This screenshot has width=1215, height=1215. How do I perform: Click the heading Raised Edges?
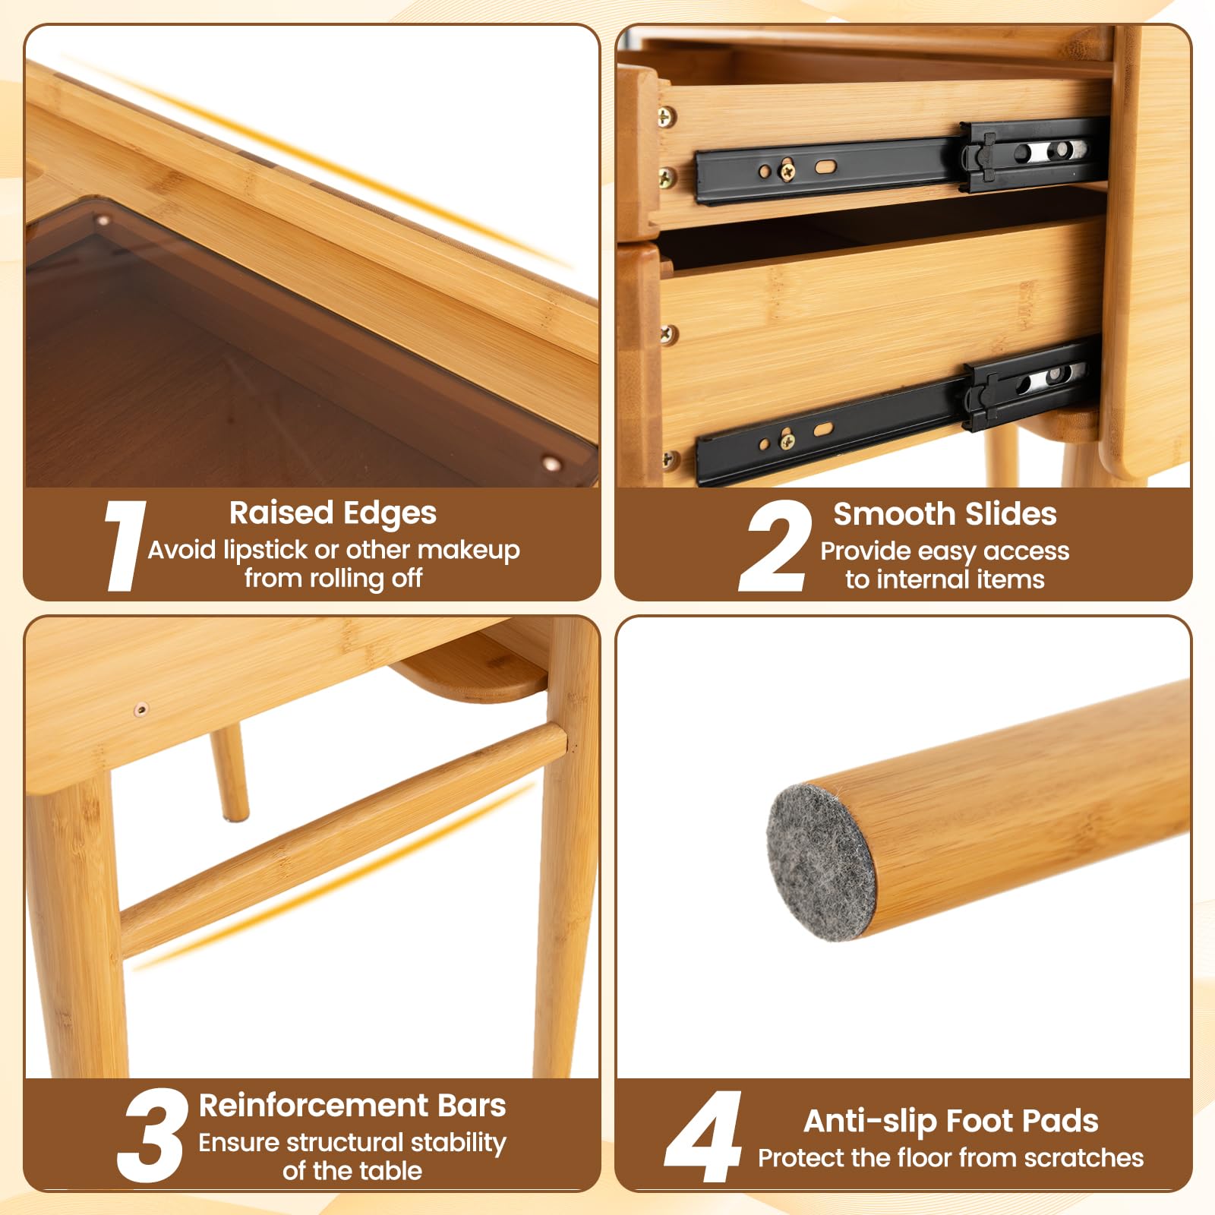pyautogui.click(x=333, y=513)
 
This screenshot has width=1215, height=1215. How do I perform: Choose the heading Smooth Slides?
pyautogui.click(x=945, y=514)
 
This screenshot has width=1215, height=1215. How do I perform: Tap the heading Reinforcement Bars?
pyautogui.click(x=352, y=1106)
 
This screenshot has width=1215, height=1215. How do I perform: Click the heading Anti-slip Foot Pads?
pyautogui.click(x=951, y=1121)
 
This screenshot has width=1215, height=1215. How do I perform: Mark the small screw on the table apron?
pyautogui.click(x=141, y=710)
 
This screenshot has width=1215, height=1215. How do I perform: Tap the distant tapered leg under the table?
pyautogui.click(x=229, y=772)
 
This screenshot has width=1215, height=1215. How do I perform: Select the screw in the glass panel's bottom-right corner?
pyautogui.click(x=552, y=462)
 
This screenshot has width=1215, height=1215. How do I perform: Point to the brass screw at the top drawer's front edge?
pyautogui.click(x=666, y=117)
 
